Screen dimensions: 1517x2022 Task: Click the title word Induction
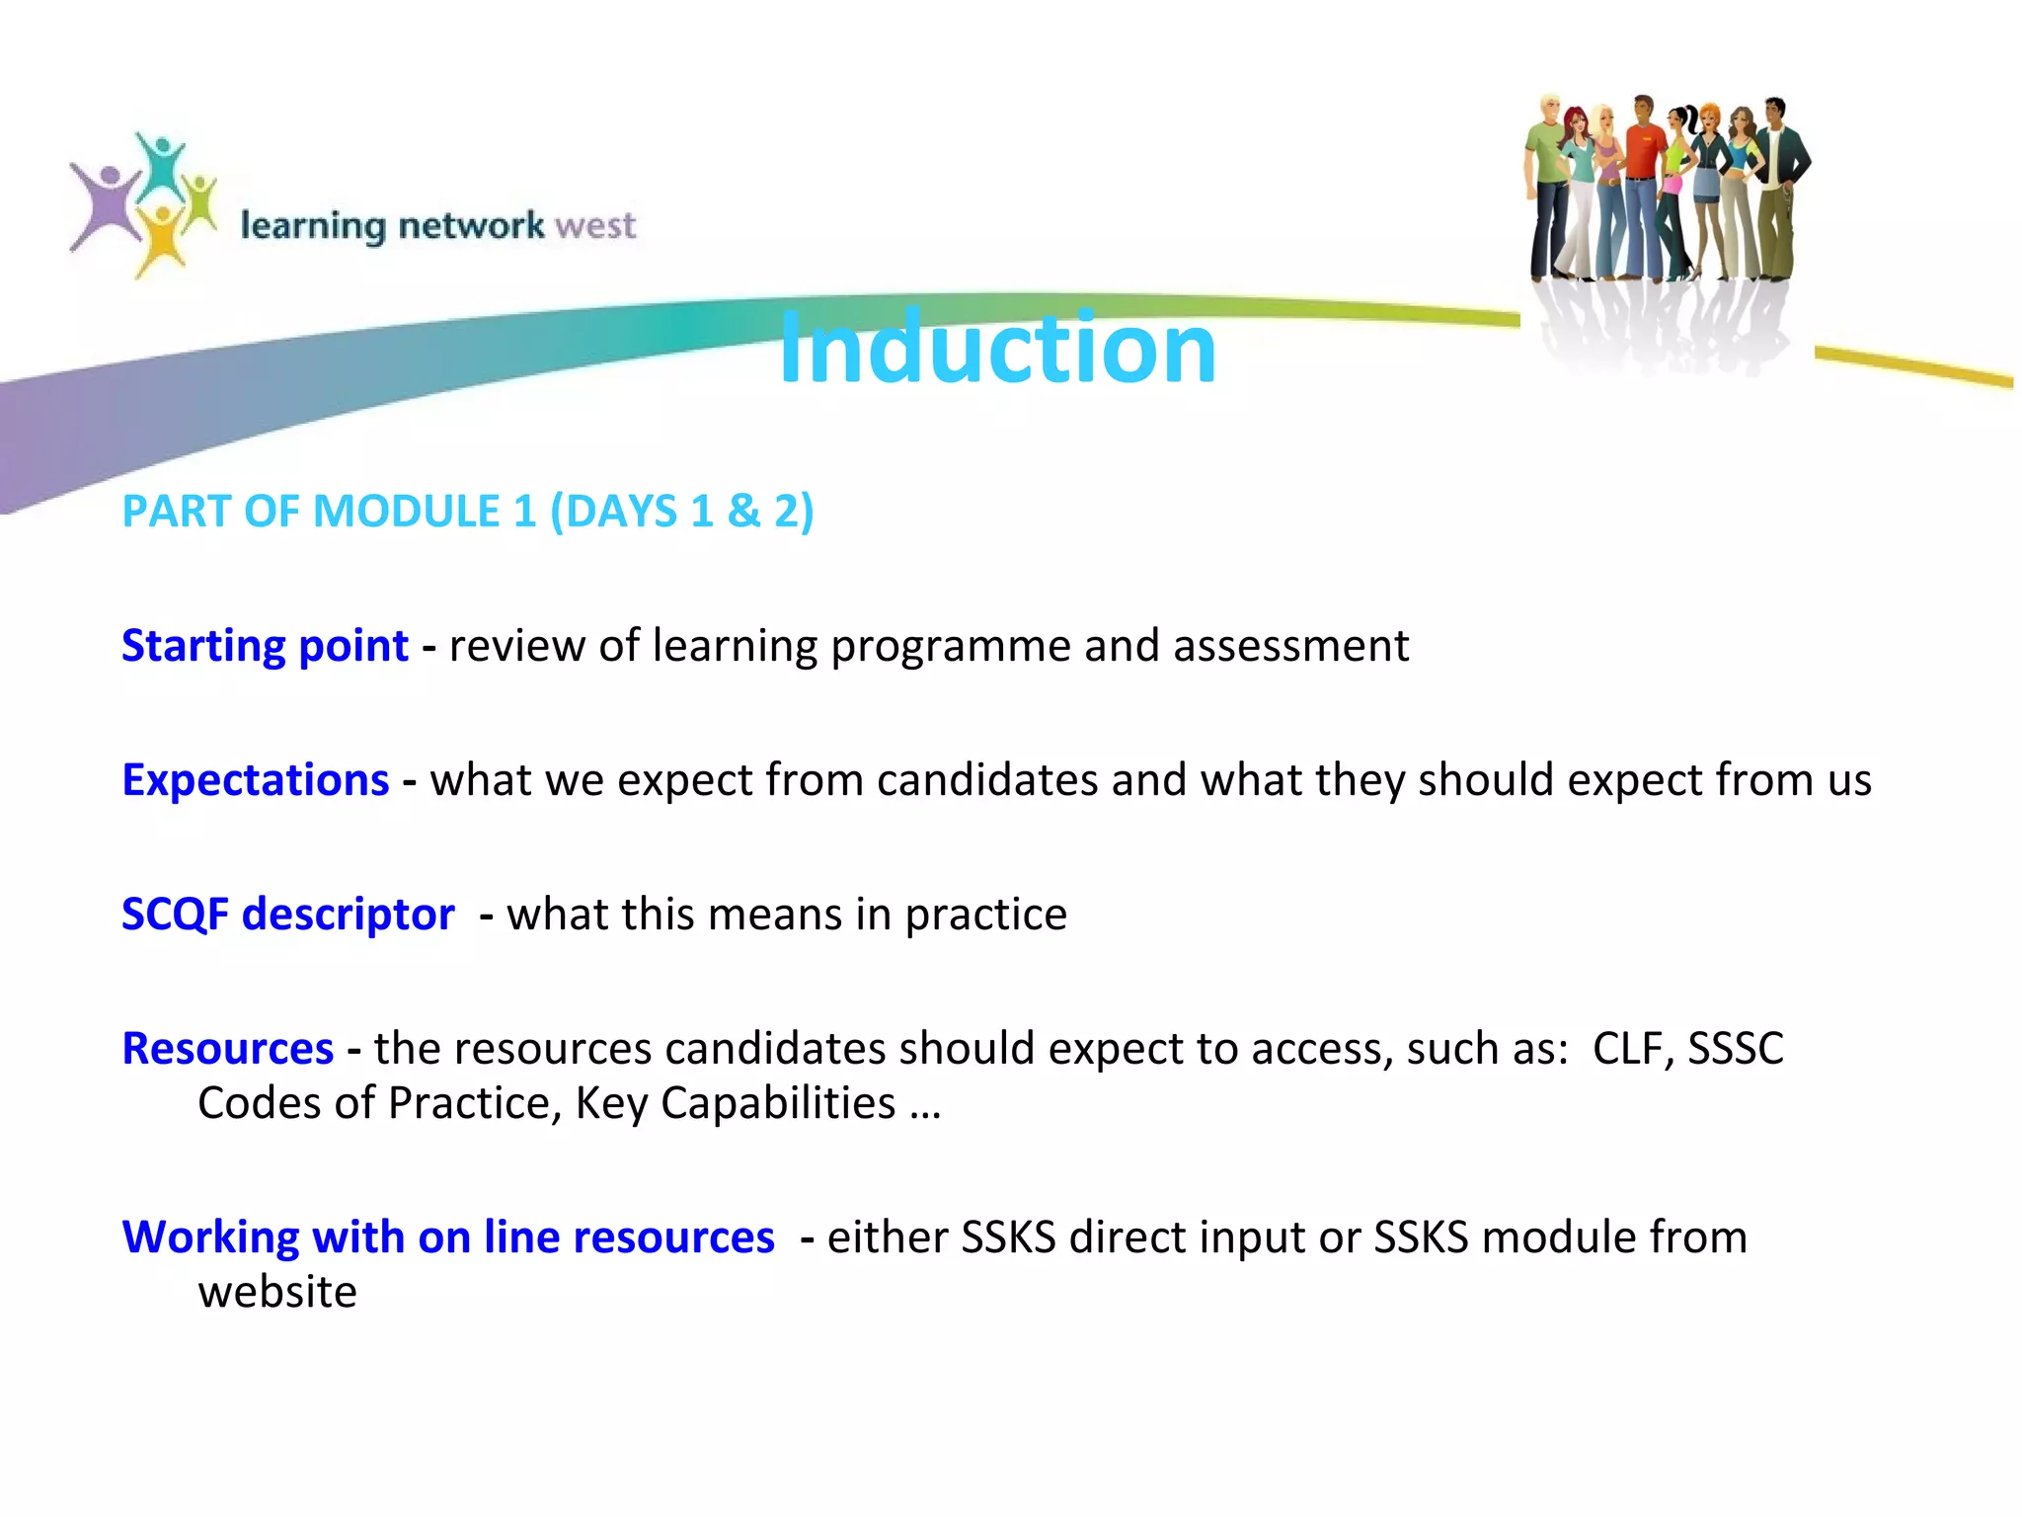coord(997,348)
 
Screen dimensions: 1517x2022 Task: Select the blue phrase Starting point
coord(265,647)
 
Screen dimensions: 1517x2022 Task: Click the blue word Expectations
coord(256,780)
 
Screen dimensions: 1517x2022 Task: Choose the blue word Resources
coord(228,1049)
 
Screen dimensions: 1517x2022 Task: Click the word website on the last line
coord(277,1293)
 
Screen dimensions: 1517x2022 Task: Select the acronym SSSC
coord(1736,1049)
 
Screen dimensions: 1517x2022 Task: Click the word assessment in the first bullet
coord(1290,647)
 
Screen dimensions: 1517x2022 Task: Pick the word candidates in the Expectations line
coord(986,780)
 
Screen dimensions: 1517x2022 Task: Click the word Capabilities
coord(778,1104)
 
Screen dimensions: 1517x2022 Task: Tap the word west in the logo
coord(595,226)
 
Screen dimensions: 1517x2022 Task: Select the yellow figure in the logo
coord(160,237)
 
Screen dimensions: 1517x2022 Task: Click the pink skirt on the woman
coord(1672,185)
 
